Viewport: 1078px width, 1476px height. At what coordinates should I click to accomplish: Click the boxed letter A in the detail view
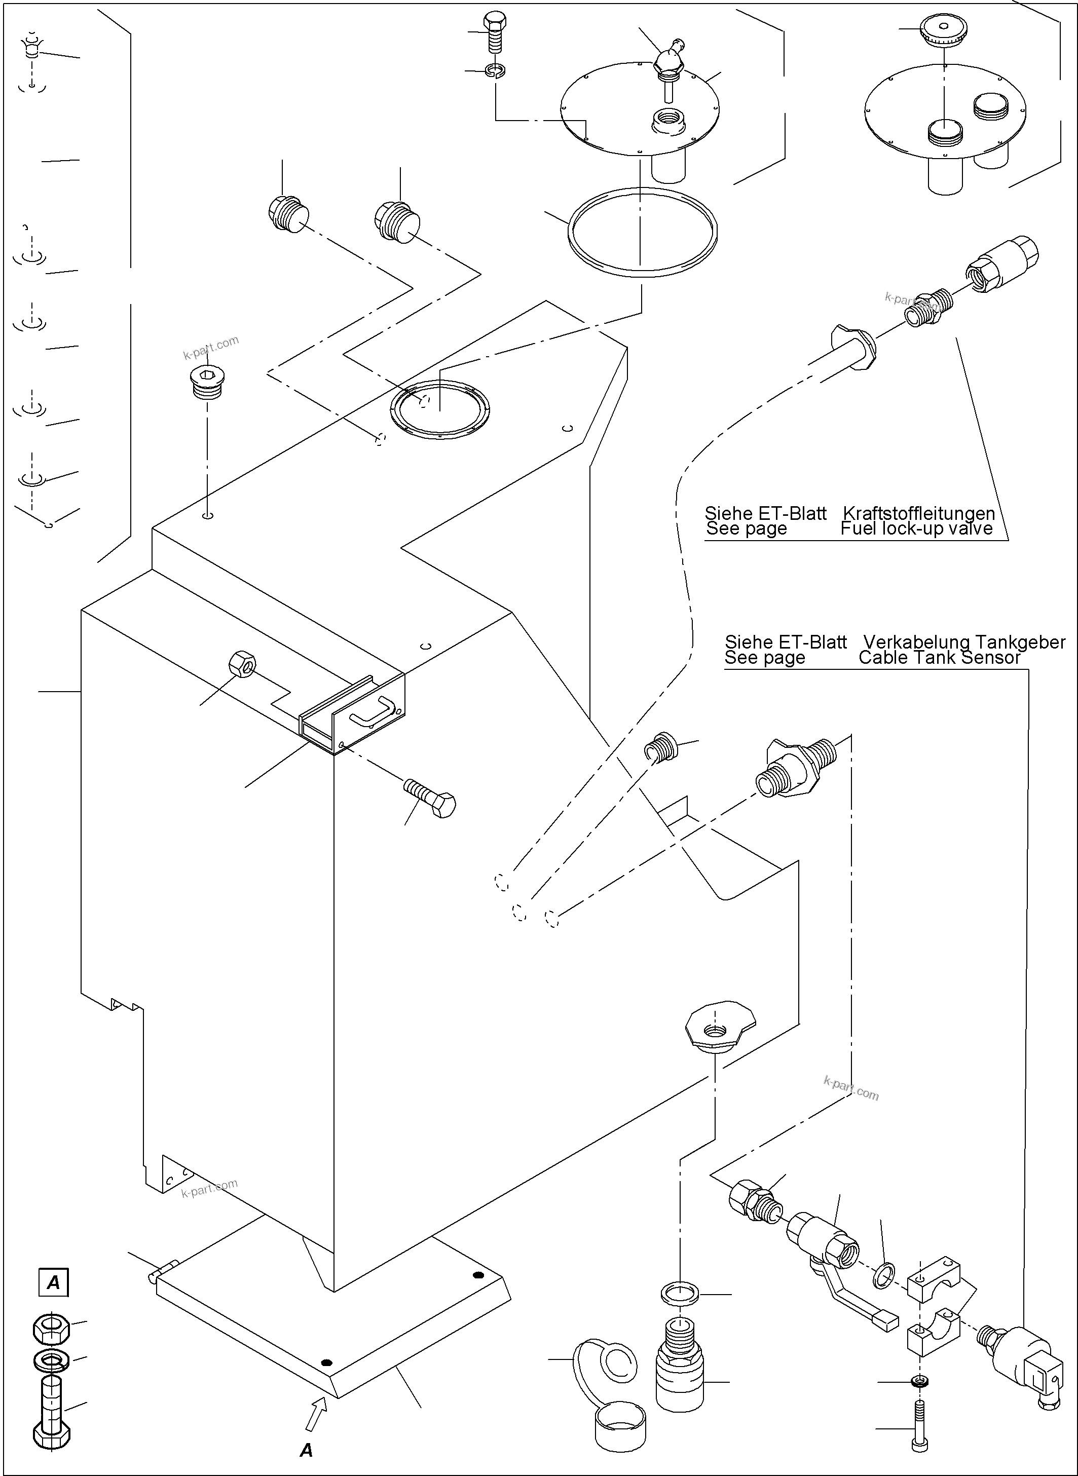(54, 1282)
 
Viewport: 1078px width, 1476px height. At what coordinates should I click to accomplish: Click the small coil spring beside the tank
(660, 746)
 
